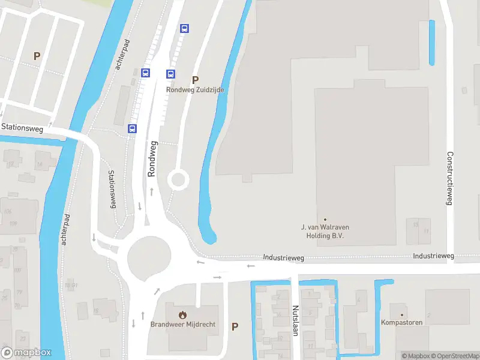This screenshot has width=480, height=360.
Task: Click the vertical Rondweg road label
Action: [x=152, y=158]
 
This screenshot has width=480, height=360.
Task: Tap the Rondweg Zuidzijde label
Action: [x=195, y=90]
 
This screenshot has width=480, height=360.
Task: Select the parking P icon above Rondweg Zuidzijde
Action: [x=194, y=79]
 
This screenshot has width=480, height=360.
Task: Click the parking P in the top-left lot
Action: [x=37, y=56]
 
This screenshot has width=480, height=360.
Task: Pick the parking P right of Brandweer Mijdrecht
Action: [x=235, y=326]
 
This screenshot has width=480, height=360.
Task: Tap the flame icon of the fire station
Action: [x=182, y=314]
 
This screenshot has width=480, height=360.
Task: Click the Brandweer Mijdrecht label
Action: [x=182, y=325]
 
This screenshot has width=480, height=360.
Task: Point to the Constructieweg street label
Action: [x=449, y=178]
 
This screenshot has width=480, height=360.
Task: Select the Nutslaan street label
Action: [x=295, y=320]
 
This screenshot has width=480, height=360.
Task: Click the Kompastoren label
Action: [x=401, y=322]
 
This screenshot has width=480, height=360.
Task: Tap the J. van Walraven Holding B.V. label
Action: [x=325, y=231]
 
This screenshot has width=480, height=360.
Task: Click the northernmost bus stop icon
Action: [x=184, y=28]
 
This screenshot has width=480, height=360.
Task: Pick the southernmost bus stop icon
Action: [x=132, y=128]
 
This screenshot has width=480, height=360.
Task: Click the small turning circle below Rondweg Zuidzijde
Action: [x=178, y=179]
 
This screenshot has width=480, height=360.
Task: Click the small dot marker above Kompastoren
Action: [x=401, y=313]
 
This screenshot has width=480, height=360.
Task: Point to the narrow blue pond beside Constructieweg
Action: [x=431, y=42]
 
